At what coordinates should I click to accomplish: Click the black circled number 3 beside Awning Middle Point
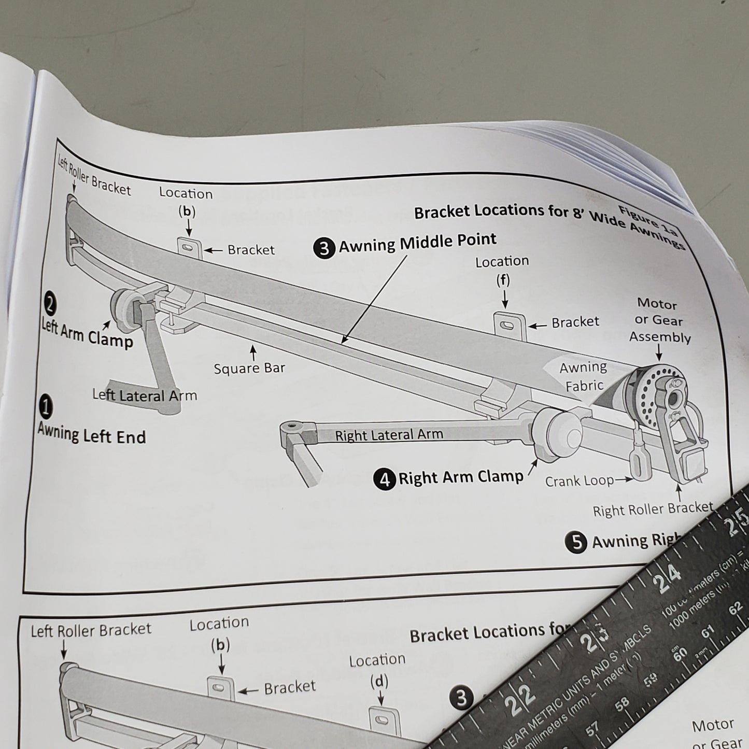pyautogui.click(x=324, y=248)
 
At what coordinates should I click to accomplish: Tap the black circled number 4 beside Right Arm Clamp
pyautogui.click(x=385, y=479)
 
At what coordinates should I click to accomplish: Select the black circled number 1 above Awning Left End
pyautogui.click(x=46, y=406)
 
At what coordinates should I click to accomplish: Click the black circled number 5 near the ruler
pyautogui.click(x=576, y=542)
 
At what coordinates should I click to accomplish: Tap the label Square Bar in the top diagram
pyautogui.click(x=249, y=369)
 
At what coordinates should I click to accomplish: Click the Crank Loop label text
pyautogui.click(x=579, y=482)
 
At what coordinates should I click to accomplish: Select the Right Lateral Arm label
pyautogui.click(x=389, y=434)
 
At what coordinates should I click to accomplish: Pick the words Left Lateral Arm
pyautogui.click(x=145, y=395)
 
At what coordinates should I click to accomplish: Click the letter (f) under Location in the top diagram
pyautogui.click(x=503, y=280)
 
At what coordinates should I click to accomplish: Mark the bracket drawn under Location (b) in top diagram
pyautogui.click(x=189, y=248)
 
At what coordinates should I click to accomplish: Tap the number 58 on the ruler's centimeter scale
pyautogui.click(x=622, y=702)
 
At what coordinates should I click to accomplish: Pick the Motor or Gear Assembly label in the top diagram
pyautogui.click(x=660, y=321)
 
